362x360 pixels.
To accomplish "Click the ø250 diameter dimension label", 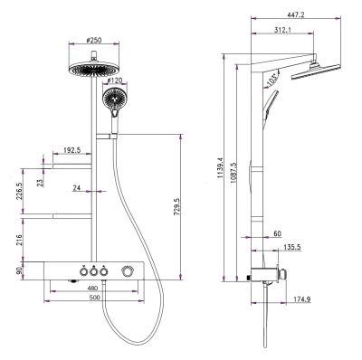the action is (x=94, y=40).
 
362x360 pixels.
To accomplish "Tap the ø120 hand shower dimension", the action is (x=116, y=81).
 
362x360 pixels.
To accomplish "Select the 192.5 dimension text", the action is (x=72, y=150).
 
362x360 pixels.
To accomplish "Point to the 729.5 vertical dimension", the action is (x=177, y=206).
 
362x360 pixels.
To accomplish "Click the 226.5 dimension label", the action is (x=19, y=191).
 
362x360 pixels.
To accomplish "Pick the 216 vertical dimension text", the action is (x=19, y=240).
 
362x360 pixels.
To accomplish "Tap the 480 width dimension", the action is (x=92, y=289).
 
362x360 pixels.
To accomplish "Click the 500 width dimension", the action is (x=94, y=298).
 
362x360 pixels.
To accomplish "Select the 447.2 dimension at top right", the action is (x=296, y=14).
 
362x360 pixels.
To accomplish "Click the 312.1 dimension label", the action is (x=282, y=30).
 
